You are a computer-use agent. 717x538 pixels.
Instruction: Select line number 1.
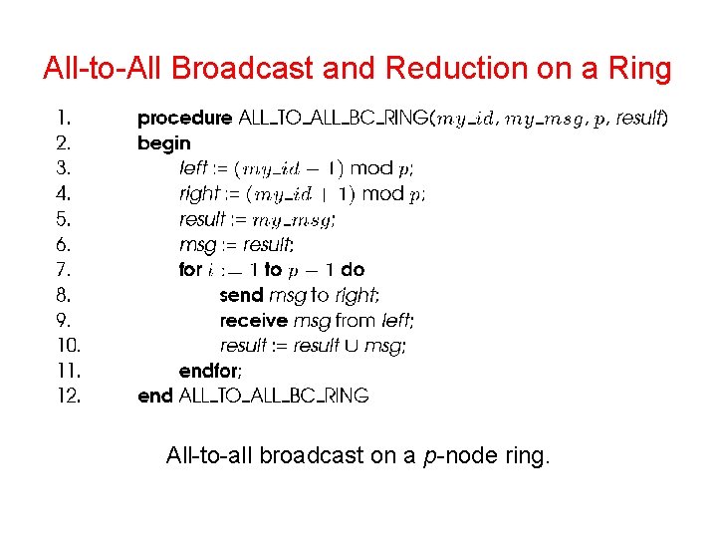coord(63,119)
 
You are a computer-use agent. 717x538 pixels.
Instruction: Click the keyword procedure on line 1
coord(184,119)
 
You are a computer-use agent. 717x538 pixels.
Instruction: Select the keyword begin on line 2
coord(164,143)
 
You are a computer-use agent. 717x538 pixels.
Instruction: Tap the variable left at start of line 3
coord(193,168)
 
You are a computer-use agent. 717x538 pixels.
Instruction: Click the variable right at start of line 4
coord(198,194)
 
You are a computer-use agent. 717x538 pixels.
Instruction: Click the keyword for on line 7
coord(189,270)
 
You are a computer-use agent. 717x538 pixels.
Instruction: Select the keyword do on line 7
coord(354,270)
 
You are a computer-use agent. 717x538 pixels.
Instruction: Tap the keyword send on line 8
coord(241,296)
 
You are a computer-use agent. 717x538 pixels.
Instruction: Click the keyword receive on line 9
coord(253,321)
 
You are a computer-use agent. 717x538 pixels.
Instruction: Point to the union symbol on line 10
coord(354,346)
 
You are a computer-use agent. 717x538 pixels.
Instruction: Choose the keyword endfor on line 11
coord(209,371)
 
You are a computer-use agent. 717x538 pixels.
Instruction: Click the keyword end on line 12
coord(155,397)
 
